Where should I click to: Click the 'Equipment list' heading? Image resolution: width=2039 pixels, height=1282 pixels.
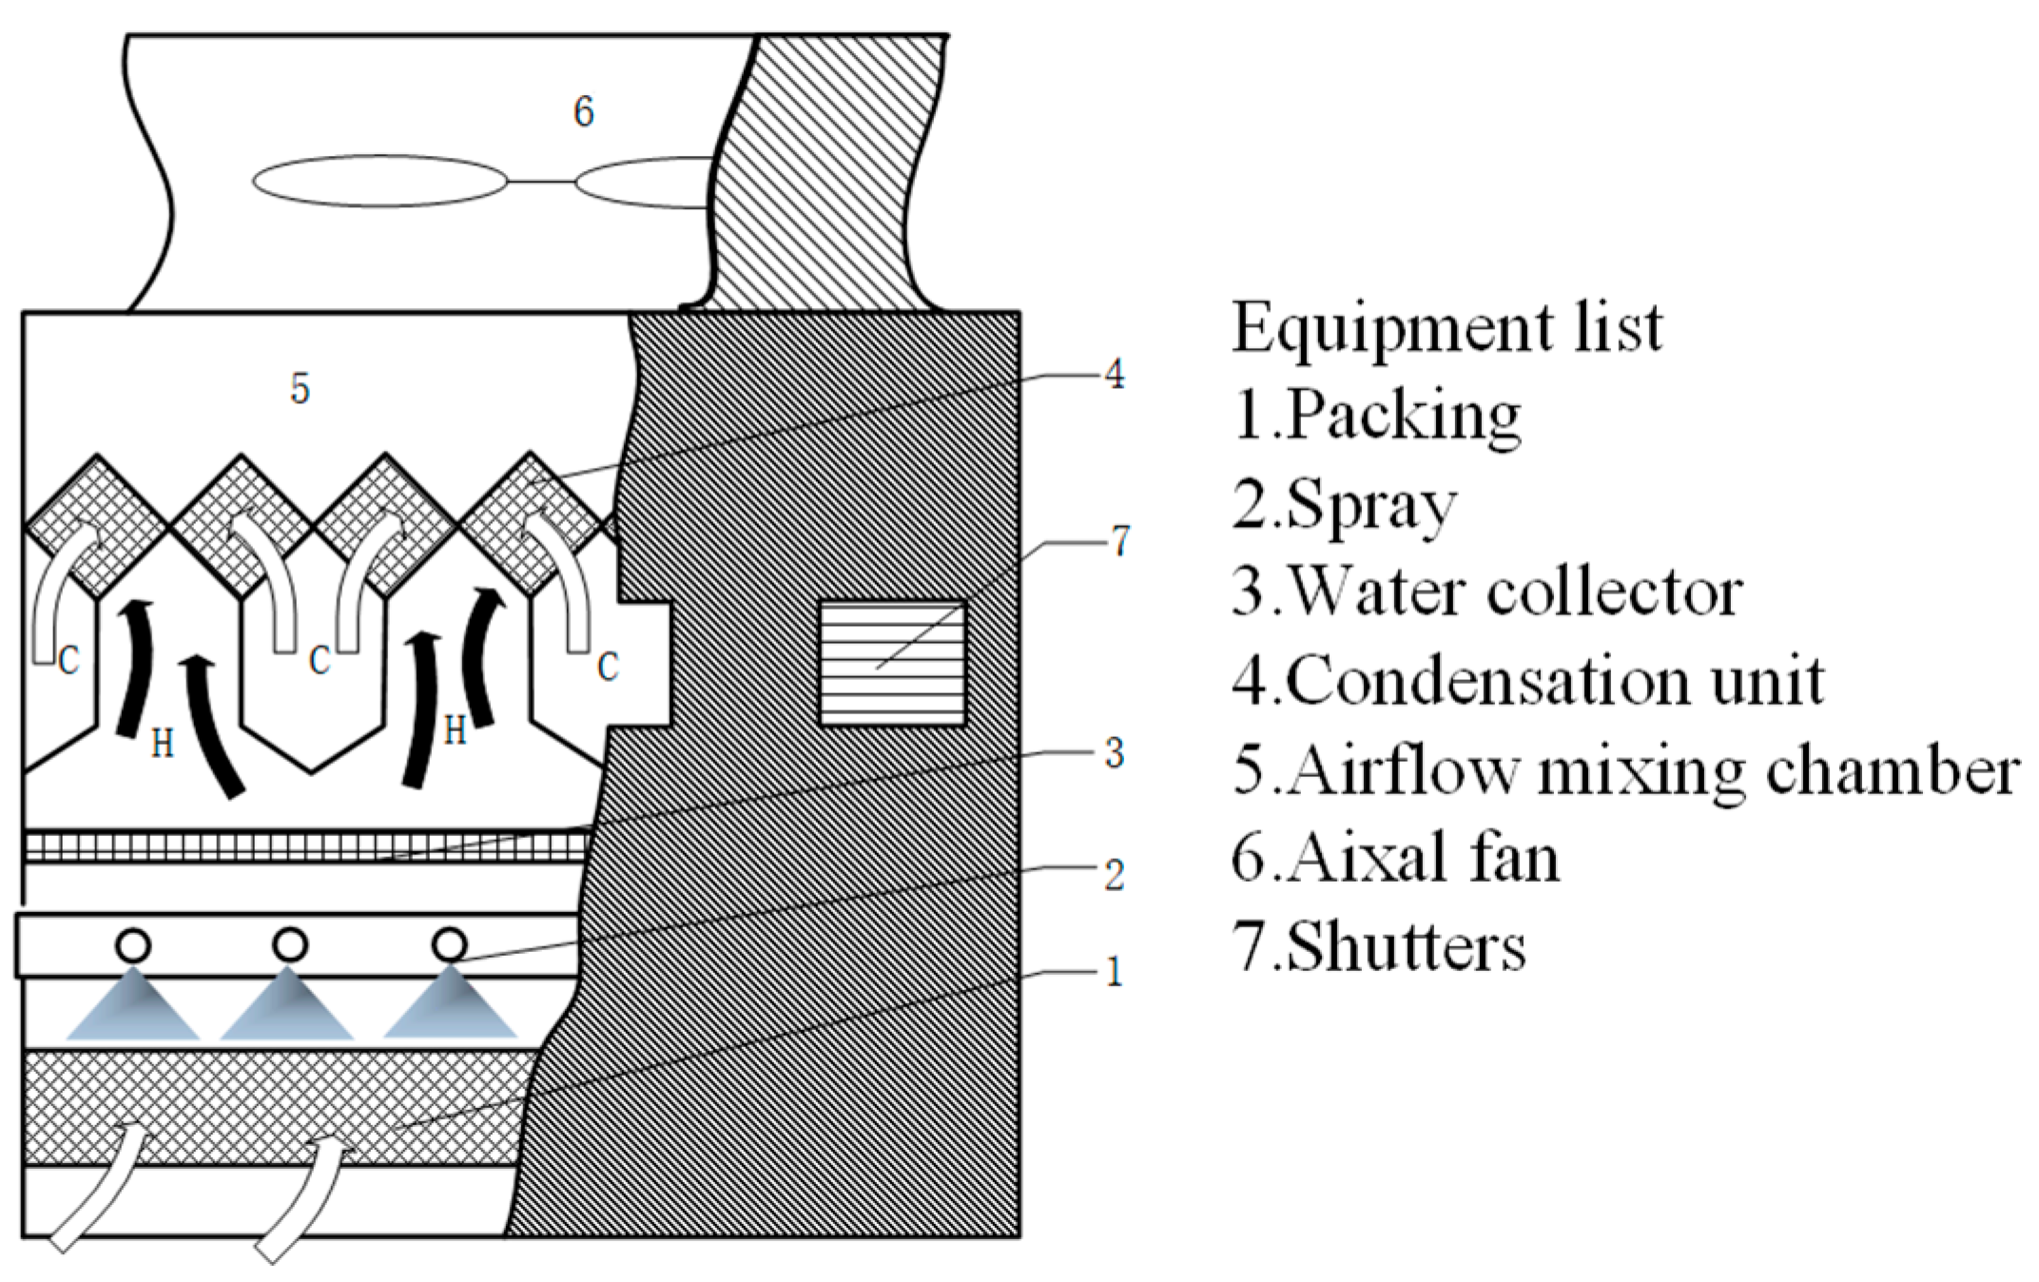(1447, 327)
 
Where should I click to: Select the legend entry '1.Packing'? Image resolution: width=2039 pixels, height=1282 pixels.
(1376, 416)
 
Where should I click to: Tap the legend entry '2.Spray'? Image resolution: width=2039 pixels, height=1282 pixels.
(1344, 505)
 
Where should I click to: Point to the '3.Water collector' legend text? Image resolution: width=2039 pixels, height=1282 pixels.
(1486, 592)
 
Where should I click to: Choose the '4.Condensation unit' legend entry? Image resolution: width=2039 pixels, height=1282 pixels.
(1527, 681)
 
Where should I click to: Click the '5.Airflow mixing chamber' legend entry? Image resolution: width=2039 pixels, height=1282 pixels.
(1625, 769)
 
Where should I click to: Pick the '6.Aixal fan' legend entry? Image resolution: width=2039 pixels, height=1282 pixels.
(1395, 858)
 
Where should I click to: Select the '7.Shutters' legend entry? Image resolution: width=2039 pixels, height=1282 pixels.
(1379, 947)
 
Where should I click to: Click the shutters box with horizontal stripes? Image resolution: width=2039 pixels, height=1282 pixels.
(892, 663)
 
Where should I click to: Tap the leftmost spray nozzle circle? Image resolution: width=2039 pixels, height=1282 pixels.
(133, 945)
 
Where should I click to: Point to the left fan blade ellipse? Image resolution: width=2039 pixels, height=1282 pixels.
(379, 181)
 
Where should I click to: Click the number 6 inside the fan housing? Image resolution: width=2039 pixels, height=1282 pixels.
(583, 112)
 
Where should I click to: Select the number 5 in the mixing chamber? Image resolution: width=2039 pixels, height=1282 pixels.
(300, 388)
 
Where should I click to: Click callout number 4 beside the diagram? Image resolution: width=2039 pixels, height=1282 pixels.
(1114, 374)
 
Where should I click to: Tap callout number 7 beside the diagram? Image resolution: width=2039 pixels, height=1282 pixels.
(1120, 541)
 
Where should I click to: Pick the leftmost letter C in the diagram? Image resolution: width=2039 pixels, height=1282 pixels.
(68, 660)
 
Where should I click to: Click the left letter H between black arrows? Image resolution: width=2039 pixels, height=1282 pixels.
(163, 743)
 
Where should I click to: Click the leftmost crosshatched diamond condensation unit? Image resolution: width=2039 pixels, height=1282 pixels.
(97, 526)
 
